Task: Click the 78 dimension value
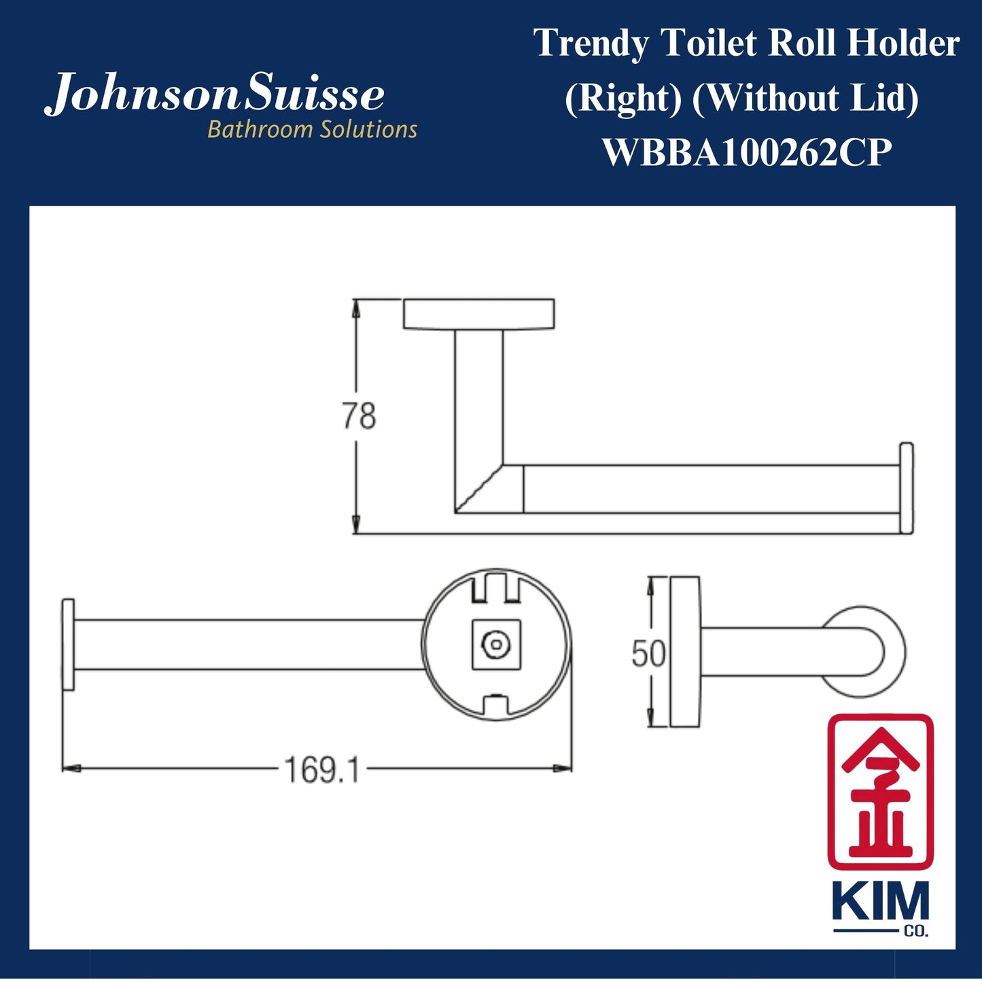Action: [x=358, y=416]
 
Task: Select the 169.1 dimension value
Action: [x=321, y=770]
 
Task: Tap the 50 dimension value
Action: [x=648, y=654]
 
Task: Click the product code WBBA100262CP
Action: [x=746, y=152]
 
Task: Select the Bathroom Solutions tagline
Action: [x=312, y=129]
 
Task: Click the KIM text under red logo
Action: [x=880, y=902]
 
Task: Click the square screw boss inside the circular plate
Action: [x=496, y=644]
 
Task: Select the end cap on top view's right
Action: [x=907, y=488]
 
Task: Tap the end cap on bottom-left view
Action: [x=68, y=644]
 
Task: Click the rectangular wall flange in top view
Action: [x=478, y=314]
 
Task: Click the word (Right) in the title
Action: [x=623, y=98]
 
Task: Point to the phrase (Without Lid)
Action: [x=805, y=98]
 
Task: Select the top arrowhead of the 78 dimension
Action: [x=355, y=308]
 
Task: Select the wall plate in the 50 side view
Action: [x=685, y=652]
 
